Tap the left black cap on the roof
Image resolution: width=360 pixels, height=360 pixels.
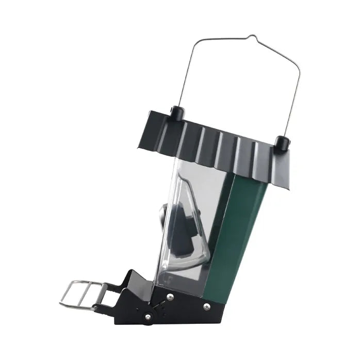[176, 112]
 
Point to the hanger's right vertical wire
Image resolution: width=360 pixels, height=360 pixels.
[292, 93]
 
